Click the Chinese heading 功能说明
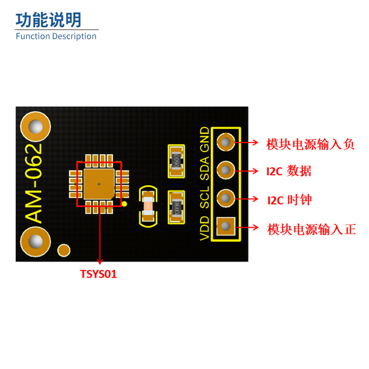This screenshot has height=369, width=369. click(48, 20)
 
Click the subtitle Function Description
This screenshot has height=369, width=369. click(56, 36)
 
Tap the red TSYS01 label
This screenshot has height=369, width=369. click(99, 274)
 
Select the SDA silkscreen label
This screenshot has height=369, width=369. click(204, 168)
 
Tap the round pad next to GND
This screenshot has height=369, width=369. click(225, 142)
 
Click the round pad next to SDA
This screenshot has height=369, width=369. click(225, 170)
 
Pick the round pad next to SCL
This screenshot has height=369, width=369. click(225, 198)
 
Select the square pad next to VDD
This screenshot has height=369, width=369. click(225, 226)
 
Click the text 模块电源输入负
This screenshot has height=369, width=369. click(310, 144)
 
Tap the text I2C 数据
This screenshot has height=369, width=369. click(289, 172)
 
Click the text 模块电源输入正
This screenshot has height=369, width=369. click(312, 229)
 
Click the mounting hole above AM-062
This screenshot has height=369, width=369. click(35, 127)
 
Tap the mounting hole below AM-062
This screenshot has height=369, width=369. click(35, 241)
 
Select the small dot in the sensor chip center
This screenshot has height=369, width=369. click(99, 184)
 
